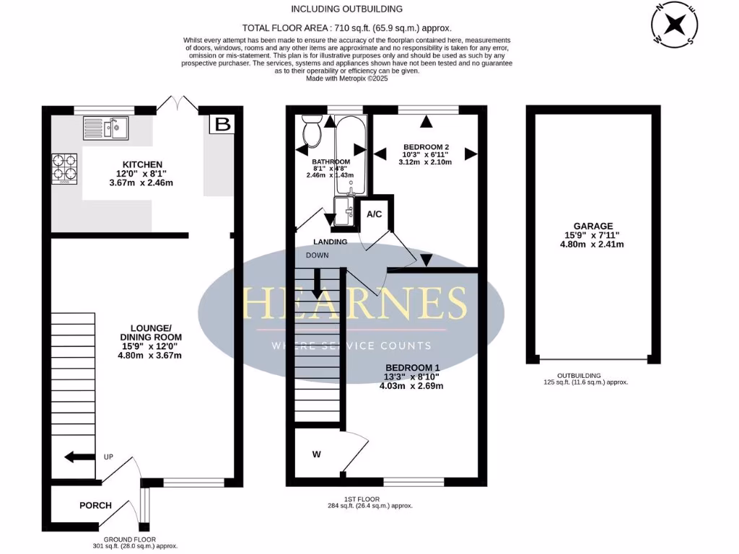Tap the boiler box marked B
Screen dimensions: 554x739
coord(223,124)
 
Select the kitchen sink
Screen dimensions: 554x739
coord(105,128)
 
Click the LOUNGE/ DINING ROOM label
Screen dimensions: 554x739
coord(151,337)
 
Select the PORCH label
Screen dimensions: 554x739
coord(95,505)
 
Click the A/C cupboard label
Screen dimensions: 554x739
coord(375,214)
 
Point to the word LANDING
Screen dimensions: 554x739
coord(330,242)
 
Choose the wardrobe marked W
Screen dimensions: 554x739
coord(316,454)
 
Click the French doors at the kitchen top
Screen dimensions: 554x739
coord(176,105)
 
